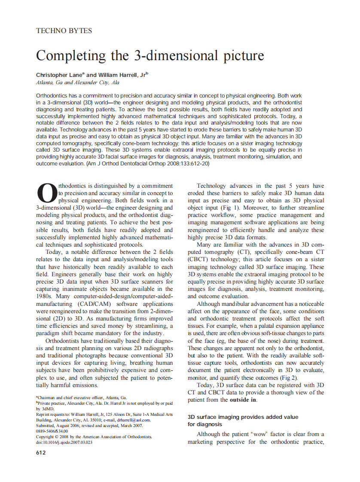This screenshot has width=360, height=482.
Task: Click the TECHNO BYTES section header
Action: click(x=64, y=31)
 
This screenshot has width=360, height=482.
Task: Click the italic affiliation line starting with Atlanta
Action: click(x=77, y=82)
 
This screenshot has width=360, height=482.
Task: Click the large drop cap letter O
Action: click(x=46, y=194)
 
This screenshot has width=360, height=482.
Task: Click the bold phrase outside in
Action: click(x=243, y=400)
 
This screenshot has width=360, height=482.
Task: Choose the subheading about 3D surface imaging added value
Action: click(x=243, y=421)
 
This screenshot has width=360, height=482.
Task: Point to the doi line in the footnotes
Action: click(x=64, y=442)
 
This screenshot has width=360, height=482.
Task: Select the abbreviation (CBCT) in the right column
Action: click(x=199, y=259)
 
